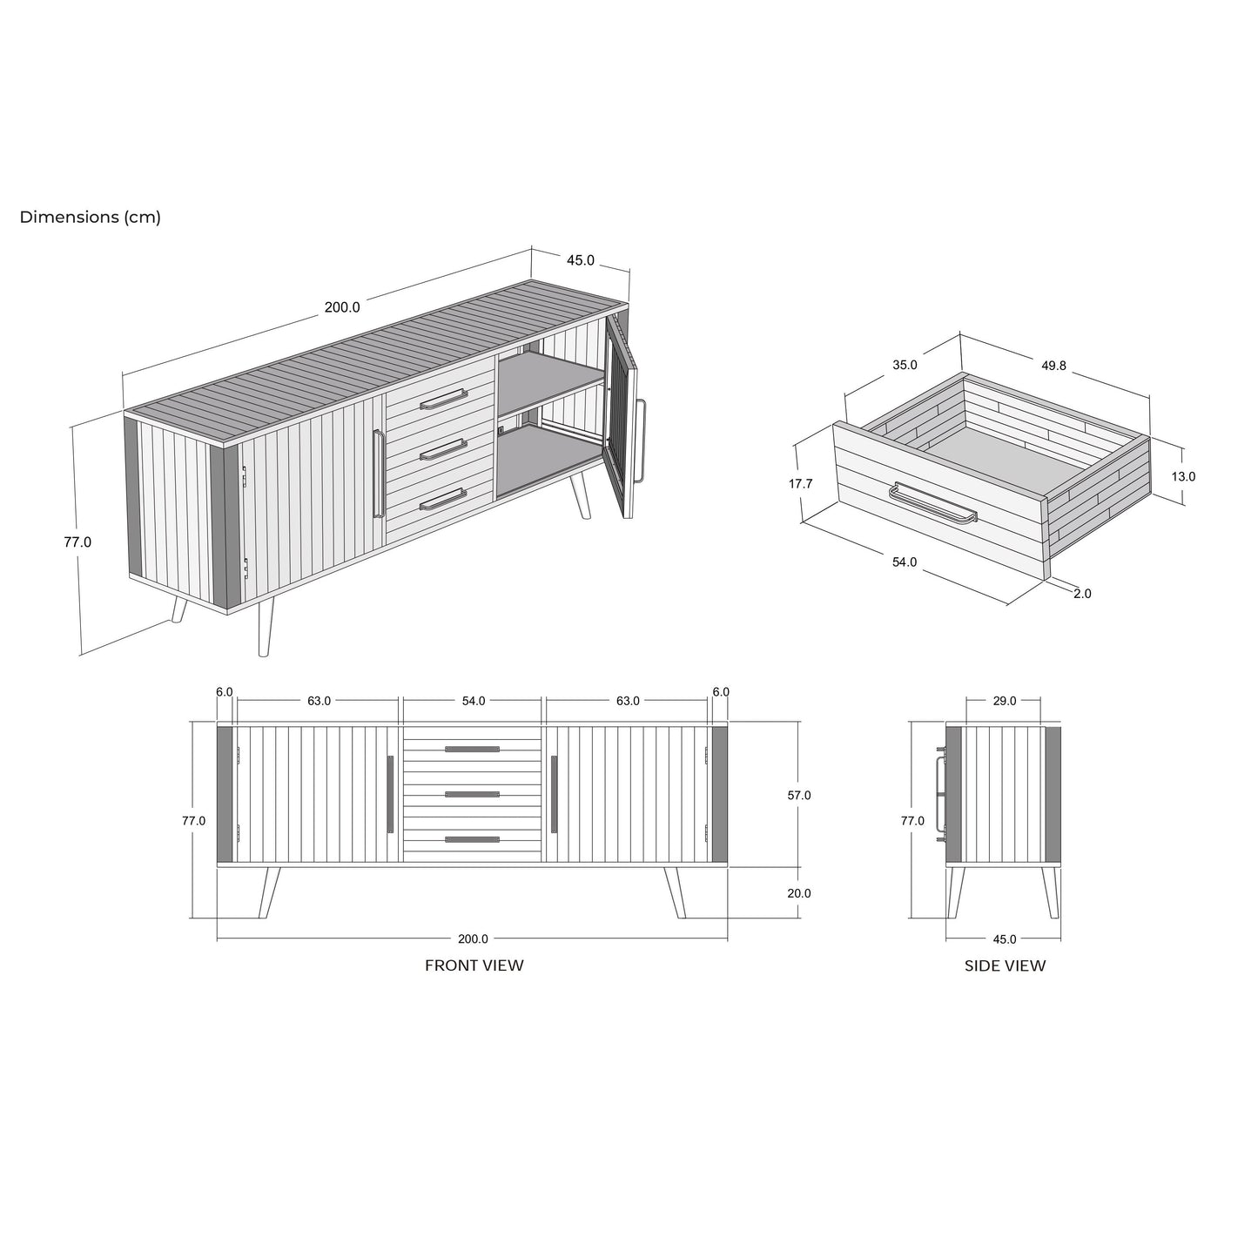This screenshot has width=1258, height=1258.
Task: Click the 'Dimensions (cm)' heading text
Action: coord(90,218)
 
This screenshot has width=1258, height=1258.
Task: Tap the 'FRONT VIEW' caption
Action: coord(474,965)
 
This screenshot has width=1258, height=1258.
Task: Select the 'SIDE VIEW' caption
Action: coord(1005,966)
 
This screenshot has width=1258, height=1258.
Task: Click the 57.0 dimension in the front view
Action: coord(799,795)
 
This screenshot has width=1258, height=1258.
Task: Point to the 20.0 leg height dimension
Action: coord(799,893)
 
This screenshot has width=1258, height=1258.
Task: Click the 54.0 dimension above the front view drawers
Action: coord(474,701)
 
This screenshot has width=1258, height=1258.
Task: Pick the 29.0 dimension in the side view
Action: coord(1005,701)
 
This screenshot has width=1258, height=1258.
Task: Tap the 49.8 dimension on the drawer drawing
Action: coord(1053,366)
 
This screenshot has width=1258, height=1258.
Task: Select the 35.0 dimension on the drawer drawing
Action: coord(905,365)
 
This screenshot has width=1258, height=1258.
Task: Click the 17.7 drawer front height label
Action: coord(800,484)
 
